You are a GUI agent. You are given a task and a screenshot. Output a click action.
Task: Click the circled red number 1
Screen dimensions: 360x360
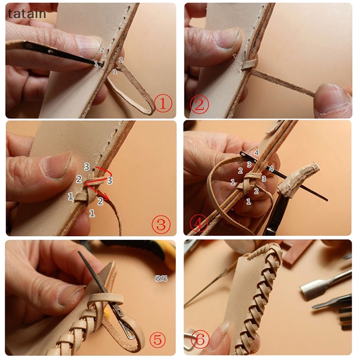[163, 104]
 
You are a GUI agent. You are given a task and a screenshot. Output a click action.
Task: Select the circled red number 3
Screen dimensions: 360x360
[161, 224]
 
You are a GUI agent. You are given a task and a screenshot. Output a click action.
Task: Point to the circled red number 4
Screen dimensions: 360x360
[198, 223]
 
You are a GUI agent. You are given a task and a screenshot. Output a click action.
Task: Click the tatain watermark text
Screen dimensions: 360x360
[27, 14]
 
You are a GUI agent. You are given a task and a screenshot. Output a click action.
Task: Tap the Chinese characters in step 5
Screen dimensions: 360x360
[161, 278]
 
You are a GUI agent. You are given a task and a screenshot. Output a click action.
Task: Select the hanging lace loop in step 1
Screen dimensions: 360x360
[130, 97]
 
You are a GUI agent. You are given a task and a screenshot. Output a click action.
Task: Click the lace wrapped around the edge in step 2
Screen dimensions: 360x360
[248, 65]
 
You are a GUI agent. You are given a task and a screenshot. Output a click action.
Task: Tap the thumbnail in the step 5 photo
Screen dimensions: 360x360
[70, 295]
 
